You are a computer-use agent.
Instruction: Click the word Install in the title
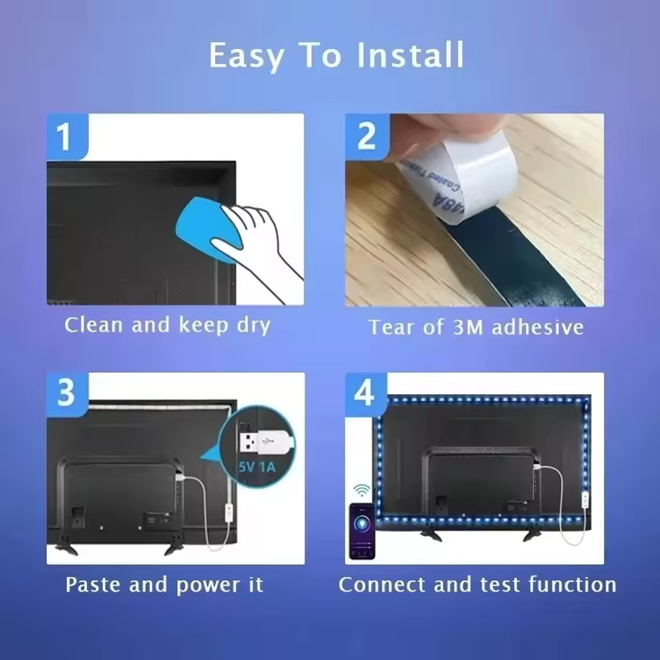[410, 55]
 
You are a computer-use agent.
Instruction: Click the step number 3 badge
[66, 393]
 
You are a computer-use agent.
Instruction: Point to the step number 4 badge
[366, 393]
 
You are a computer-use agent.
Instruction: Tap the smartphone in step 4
[362, 531]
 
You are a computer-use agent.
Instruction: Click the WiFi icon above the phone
[362, 490]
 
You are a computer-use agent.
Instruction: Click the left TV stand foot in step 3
[66, 548]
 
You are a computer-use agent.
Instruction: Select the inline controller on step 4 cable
[585, 500]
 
